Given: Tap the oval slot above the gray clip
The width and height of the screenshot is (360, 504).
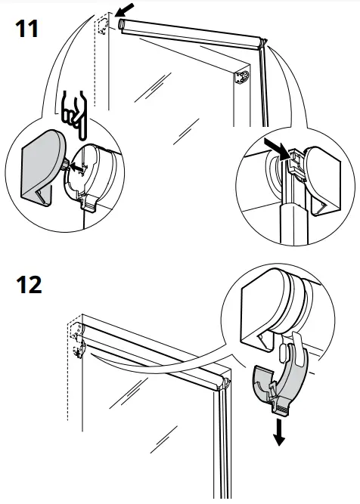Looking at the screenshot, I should pos(286,351).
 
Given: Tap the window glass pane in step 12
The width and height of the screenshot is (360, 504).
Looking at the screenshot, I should pos(144,423).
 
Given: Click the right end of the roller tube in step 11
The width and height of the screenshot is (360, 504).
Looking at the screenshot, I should pos(262,43).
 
